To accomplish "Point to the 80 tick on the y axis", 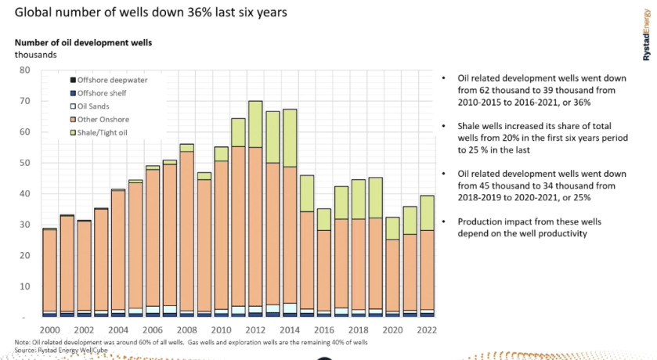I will tap(24, 70).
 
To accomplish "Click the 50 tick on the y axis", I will tap(24, 163).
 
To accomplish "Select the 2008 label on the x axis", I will tap(186, 331).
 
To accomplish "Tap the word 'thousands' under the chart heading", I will tap(35, 55).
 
